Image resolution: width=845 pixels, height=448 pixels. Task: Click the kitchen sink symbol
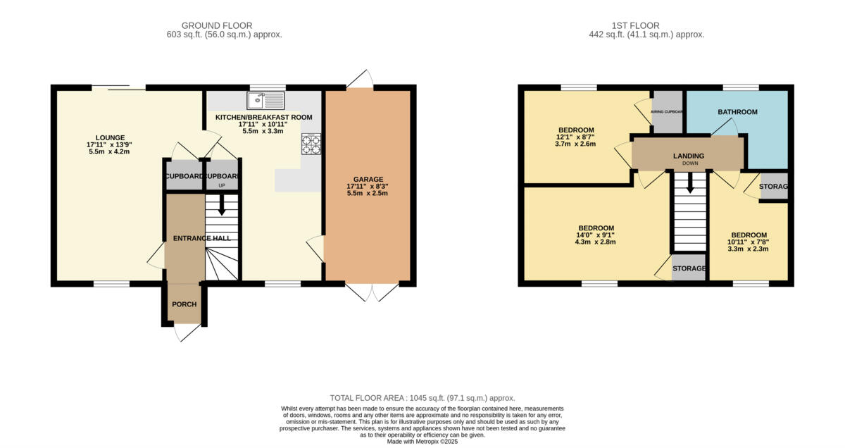pyautogui.click(x=265, y=99)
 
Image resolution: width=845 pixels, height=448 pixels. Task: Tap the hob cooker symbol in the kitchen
pyautogui.click(x=311, y=144)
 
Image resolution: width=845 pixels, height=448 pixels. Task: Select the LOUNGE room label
pyautogui.click(x=111, y=137)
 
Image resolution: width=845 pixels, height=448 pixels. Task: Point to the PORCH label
pyautogui.click(x=184, y=304)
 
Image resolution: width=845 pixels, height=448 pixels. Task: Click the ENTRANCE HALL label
pyautogui.click(x=202, y=238)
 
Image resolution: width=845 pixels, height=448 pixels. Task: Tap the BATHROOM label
pyautogui.click(x=737, y=112)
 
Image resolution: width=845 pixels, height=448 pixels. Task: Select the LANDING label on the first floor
pyautogui.click(x=688, y=156)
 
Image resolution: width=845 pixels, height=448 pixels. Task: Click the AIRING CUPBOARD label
pyautogui.click(x=668, y=111)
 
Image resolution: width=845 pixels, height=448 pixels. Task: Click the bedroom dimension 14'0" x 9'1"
pyautogui.click(x=595, y=235)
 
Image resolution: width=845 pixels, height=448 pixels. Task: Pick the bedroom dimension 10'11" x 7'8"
pyautogui.click(x=749, y=242)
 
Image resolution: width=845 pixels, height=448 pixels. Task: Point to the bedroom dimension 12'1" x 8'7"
pyautogui.click(x=576, y=137)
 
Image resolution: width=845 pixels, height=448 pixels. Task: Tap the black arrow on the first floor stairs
pyautogui.click(x=689, y=185)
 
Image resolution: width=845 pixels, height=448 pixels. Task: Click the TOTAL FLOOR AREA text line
pyautogui.click(x=423, y=398)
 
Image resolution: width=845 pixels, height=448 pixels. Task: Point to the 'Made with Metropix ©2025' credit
pyautogui.click(x=423, y=442)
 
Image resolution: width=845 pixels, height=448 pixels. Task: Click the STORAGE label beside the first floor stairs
pyautogui.click(x=689, y=269)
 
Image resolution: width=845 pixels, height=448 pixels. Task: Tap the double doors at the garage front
pyautogui.click(x=373, y=292)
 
